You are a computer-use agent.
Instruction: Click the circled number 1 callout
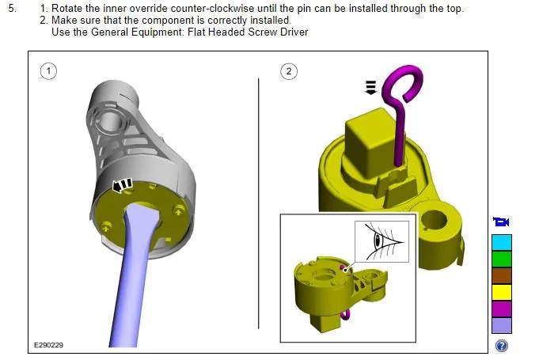[48, 71]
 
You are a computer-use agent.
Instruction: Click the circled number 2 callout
[289, 71]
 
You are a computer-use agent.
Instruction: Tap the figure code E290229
[48, 345]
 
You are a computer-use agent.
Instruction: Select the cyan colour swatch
[502, 243]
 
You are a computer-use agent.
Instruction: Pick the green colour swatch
[502, 259]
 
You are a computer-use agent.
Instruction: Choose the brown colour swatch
[502, 275]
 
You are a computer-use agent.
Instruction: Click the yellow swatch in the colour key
[502, 292]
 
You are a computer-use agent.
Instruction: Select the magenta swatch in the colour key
[502, 309]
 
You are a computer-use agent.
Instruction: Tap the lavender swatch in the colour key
[502, 325]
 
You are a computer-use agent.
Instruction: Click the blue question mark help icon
[502, 346]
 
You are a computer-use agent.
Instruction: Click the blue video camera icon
[501, 222]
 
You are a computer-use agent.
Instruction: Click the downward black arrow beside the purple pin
[370, 87]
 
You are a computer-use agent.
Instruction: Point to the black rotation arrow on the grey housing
[122, 185]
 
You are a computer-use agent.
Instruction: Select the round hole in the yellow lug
[434, 220]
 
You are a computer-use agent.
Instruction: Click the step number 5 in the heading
[12, 8]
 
